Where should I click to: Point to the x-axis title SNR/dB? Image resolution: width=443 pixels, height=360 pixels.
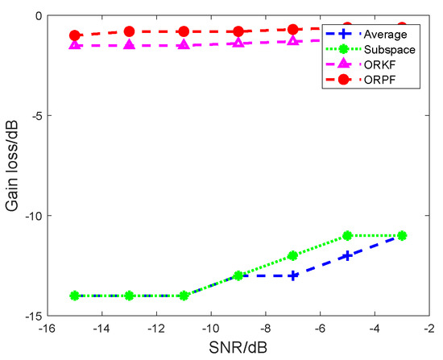pos(238,348)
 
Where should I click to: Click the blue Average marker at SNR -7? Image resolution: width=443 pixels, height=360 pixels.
pos(293,275)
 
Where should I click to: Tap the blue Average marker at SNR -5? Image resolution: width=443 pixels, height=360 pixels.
pos(347,255)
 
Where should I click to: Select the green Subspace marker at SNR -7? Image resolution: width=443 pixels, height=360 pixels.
pos(293,255)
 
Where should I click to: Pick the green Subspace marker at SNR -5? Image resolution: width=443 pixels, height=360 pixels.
pos(347,235)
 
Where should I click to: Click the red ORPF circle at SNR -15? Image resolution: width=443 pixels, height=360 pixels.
pos(75,35)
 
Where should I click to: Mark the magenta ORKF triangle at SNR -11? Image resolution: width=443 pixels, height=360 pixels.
pos(184,44)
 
